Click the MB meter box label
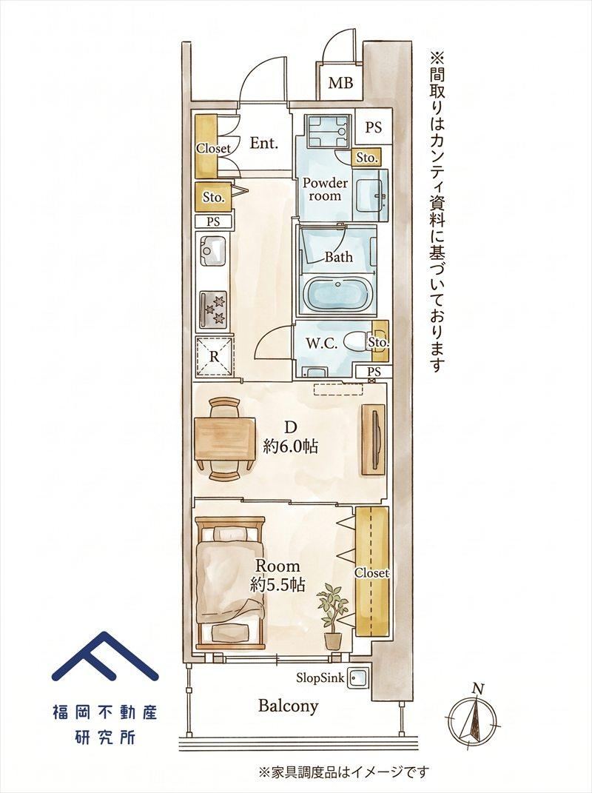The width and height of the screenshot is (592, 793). tap(340, 82)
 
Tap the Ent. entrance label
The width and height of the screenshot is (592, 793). tap(264, 143)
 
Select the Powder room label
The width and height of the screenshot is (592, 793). tap(325, 189)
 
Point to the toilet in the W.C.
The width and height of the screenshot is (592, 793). tap(357, 342)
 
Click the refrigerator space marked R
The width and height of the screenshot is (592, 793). tap(215, 356)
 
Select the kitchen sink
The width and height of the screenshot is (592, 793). tap(214, 251)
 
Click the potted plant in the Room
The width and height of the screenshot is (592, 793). tap(332, 617)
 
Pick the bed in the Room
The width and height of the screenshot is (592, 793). tap(230, 583)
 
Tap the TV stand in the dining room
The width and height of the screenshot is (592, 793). tap(374, 440)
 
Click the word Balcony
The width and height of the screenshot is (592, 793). tap(288, 706)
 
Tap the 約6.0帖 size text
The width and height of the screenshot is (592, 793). tap(290, 446)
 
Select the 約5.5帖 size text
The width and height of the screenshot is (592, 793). tap(277, 585)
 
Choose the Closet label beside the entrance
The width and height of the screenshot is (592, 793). tap(213, 148)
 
